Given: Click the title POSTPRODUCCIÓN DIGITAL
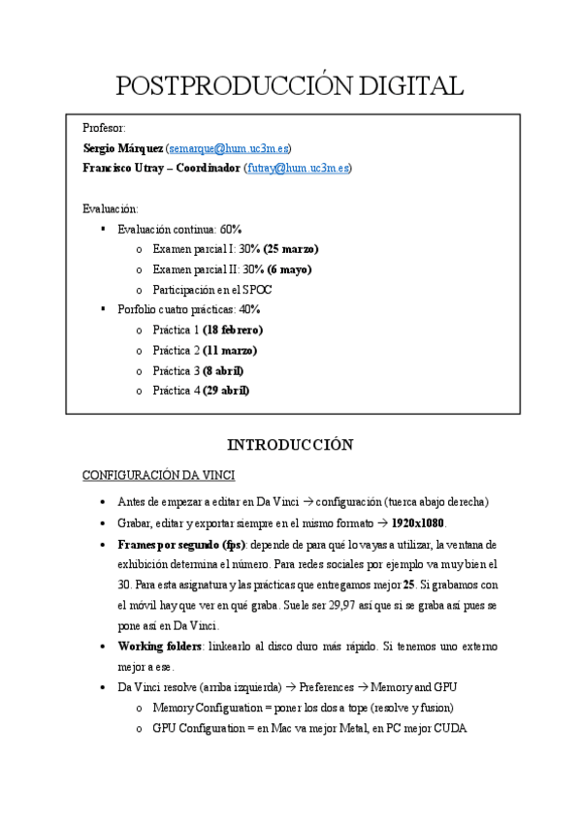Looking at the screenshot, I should tap(289, 86).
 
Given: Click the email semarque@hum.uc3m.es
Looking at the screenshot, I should tap(229, 148).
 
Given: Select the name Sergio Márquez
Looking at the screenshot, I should tap(122, 148).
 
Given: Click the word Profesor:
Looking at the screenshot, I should tap(104, 128).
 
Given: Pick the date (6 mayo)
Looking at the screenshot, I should tap(289, 269).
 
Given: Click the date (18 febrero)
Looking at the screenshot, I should tap(233, 330).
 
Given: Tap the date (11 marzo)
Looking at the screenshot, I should tap(230, 350).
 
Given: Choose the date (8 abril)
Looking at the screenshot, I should tap(223, 370).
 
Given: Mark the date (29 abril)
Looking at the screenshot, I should tap(226, 391).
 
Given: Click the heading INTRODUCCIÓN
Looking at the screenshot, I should tap(290, 445).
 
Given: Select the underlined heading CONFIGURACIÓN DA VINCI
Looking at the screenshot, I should tap(158, 475).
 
